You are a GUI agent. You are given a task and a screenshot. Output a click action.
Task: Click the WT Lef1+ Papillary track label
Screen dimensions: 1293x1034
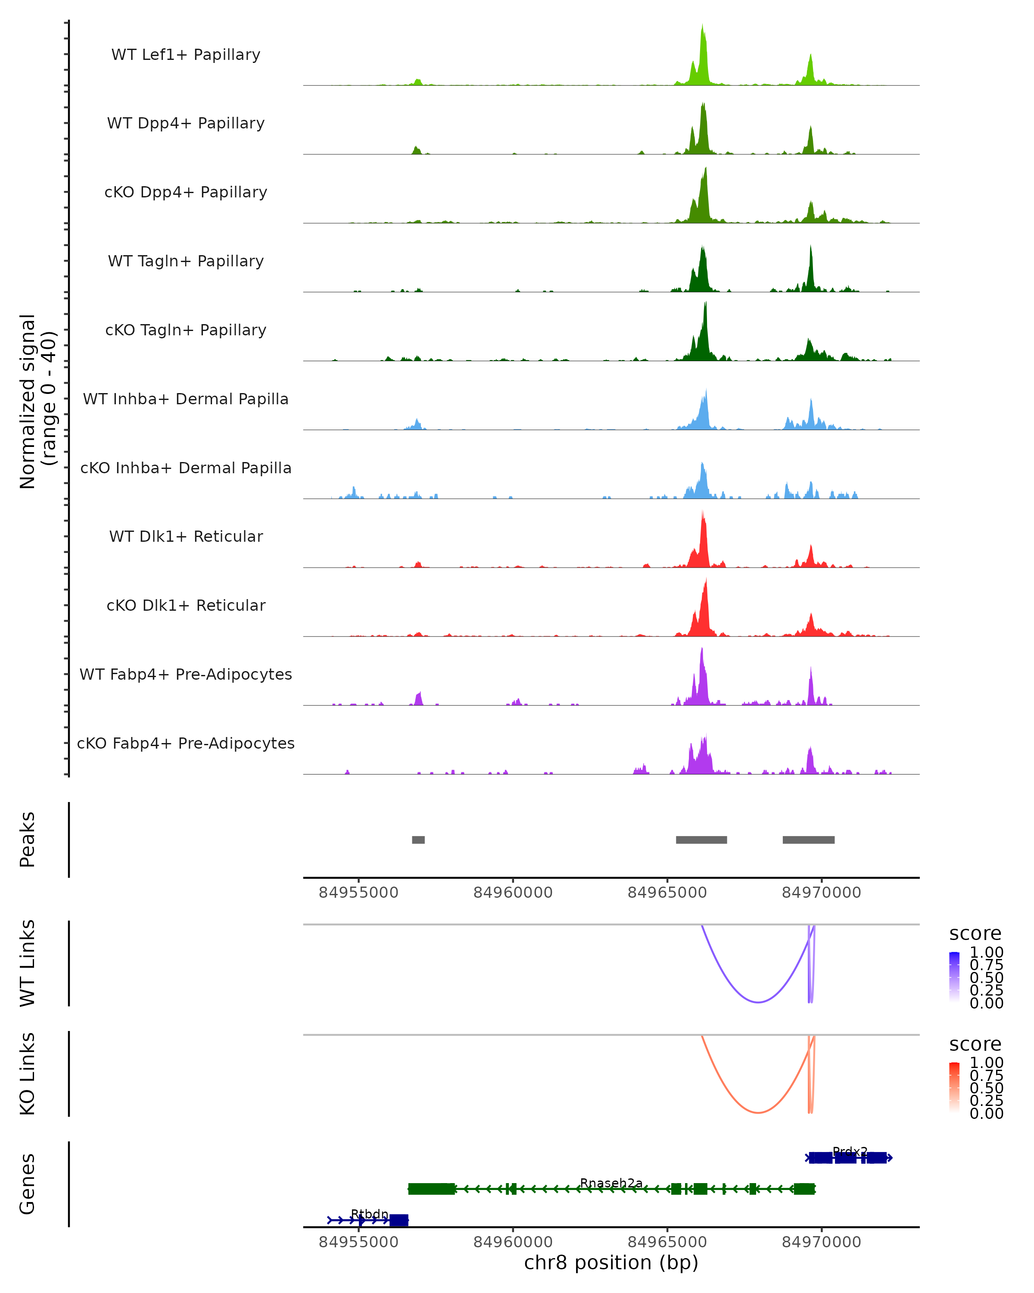(186, 55)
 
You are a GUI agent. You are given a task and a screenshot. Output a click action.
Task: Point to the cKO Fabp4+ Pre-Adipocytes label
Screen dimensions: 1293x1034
(186, 743)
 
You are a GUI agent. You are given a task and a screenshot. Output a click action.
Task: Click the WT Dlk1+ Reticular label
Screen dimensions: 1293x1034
(186, 536)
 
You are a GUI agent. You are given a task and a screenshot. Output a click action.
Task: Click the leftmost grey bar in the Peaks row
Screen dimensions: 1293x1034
(418, 840)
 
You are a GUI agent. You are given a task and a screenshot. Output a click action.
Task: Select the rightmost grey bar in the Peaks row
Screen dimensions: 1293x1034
(809, 840)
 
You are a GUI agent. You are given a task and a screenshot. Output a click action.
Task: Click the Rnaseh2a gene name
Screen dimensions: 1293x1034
(611, 1183)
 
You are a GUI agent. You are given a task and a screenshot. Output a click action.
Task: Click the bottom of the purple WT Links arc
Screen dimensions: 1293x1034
(758, 1002)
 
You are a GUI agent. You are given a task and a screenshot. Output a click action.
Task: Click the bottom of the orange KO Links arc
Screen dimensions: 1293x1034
(758, 1112)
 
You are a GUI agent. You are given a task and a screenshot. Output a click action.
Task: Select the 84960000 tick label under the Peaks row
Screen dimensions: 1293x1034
(513, 893)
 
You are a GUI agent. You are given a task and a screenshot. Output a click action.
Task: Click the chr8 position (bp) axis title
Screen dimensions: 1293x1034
(611, 1262)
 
